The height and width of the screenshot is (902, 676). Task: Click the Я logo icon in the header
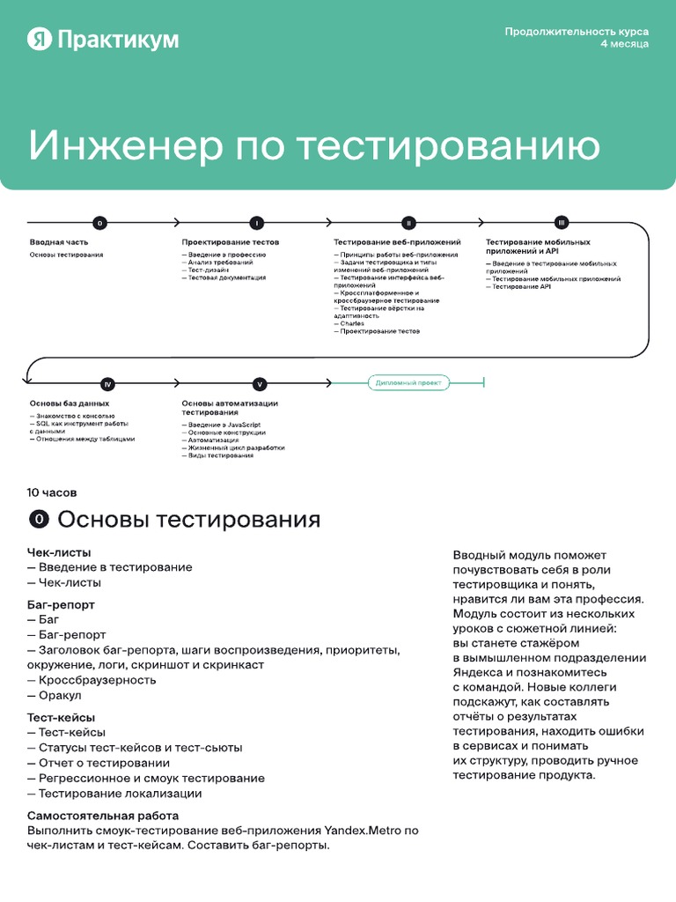(x=40, y=39)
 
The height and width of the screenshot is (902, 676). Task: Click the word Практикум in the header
(x=117, y=40)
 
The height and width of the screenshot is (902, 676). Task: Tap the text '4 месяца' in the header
(x=625, y=44)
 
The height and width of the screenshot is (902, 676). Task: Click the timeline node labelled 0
(x=100, y=223)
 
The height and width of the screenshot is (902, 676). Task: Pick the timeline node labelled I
(x=256, y=223)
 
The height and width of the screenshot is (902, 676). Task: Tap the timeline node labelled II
(x=408, y=223)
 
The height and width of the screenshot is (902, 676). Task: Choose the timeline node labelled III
(x=562, y=223)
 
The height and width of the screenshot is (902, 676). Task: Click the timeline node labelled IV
(x=107, y=384)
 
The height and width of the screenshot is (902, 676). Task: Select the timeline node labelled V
(x=260, y=384)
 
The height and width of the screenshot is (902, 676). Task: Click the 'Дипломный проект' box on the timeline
(x=408, y=383)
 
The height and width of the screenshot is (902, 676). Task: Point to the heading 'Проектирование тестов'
(x=230, y=241)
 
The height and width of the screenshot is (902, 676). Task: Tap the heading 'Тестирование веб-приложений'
(x=397, y=241)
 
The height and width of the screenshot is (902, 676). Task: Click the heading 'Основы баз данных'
(x=70, y=403)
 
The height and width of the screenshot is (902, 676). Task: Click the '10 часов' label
(x=52, y=492)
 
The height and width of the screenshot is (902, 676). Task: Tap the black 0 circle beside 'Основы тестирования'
(x=39, y=520)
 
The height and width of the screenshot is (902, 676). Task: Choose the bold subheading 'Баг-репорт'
(x=61, y=605)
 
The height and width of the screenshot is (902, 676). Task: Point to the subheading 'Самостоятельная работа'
(x=103, y=816)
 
